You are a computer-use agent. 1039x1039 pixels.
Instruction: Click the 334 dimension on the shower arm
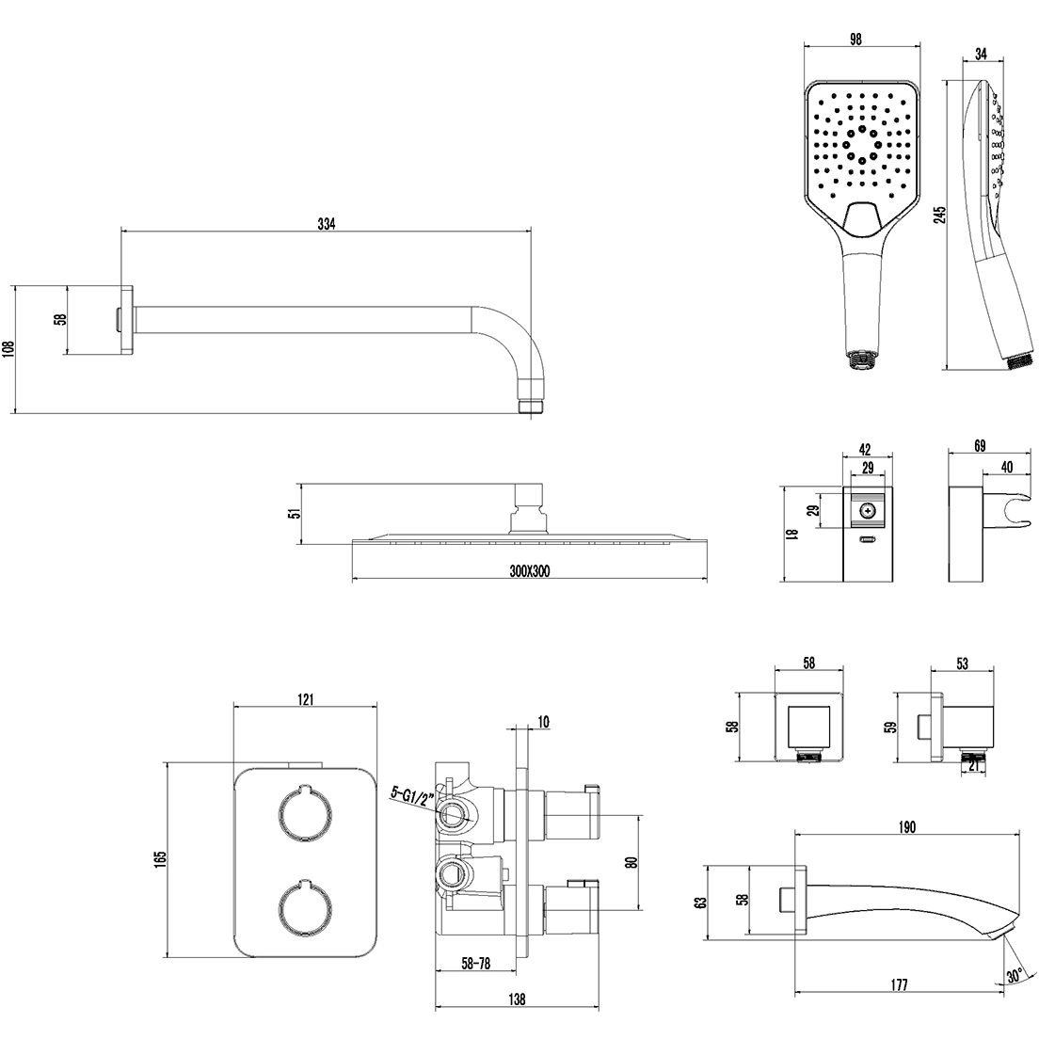pyautogui.click(x=326, y=224)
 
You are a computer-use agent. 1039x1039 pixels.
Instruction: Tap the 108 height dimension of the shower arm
pyautogui.click(x=8, y=350)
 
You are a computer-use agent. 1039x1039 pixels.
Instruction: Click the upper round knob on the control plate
pyautogui.click(x=306, y=809)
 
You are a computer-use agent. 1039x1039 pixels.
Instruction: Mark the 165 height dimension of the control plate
pyautogui.click(x=160, y=858)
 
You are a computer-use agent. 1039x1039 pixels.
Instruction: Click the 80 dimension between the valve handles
pyautogui.click(x=631, y=861)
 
